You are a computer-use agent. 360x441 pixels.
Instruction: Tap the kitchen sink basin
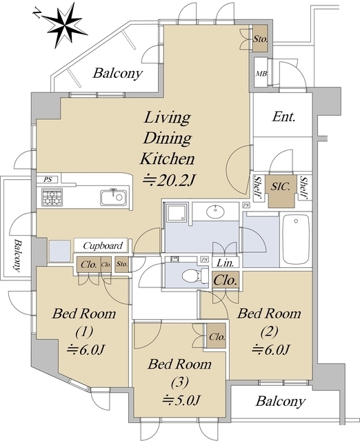[x=113, y=198]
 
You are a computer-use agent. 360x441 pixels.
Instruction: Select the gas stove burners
[x=52, y=197]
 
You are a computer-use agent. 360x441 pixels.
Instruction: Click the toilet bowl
[x=192, y=276]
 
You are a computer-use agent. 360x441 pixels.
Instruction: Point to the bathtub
[x=296, y=239]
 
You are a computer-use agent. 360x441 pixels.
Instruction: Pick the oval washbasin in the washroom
[x=215, y=211]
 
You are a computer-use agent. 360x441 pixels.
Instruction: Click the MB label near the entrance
[x=261, y=74]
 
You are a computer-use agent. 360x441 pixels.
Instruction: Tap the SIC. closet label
[x=280, y=187]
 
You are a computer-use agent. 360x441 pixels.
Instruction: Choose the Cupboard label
[x=103, y=246]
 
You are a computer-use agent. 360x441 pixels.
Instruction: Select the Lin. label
[x=226, y=263]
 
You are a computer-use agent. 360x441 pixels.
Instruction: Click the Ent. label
[x=283, y=116]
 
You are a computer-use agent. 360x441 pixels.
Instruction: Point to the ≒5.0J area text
[x=181, y=400]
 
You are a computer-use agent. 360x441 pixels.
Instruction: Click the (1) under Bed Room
[x=84, y=331]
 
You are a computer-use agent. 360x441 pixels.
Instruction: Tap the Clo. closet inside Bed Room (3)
[x=217, y=336]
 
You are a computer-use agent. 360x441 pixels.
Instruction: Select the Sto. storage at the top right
[x=260, y=39]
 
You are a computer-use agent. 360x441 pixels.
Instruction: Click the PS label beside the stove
[x=48, y=179]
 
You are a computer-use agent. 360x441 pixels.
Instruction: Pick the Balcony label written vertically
[x=18, y=256]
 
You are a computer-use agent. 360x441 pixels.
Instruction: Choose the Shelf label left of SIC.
[x=258, y=186]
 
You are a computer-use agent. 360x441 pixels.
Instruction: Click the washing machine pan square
[x=60, y=250]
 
